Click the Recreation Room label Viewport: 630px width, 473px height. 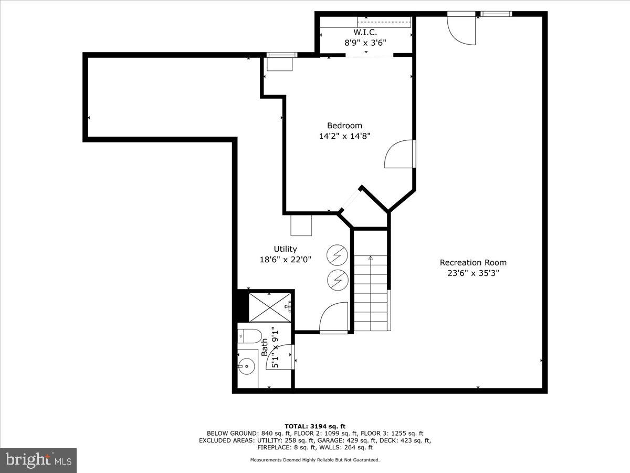point(473,263)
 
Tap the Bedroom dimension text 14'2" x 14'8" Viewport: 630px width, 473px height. point(344,136)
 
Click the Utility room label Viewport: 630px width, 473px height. point(285,249)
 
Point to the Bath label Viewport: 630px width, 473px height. point(265,347)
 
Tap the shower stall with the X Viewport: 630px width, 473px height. point(269,307)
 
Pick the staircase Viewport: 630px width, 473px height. point(371,292)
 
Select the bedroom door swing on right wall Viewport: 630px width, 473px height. point(399,154)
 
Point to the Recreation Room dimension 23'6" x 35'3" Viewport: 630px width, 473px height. point(473,273)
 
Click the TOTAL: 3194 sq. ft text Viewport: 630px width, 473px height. point(315,426)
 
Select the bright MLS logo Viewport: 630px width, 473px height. point(38,460)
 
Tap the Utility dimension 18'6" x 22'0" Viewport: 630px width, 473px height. point(285,260)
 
